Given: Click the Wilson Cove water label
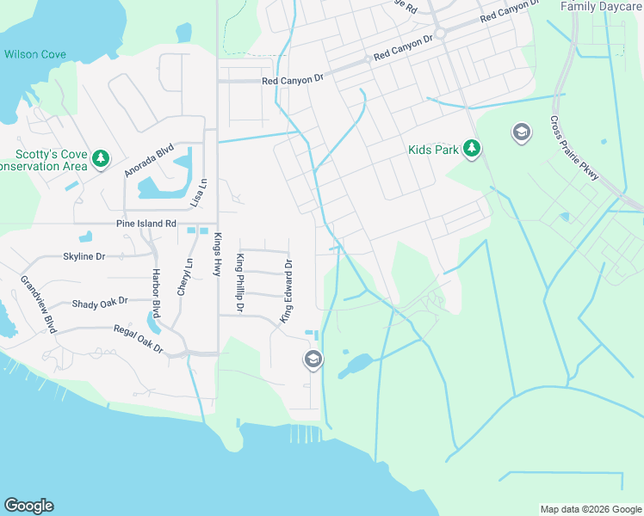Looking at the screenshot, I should coord(34,54).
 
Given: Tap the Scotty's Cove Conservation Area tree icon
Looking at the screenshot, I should coord(102,158).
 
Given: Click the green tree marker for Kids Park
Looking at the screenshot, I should coord(471,149).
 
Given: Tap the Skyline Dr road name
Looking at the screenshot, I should coord(84,256).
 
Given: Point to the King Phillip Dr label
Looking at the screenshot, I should coord(240,284).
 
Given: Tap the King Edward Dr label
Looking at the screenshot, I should coord(288,292).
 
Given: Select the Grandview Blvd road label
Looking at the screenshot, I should coord(38,304).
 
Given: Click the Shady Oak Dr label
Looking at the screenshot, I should coord(99,302).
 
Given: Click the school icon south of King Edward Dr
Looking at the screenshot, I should coord(313,359).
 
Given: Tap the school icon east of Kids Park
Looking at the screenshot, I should coord(521,132).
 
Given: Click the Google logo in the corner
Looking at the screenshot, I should coord(28,506).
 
